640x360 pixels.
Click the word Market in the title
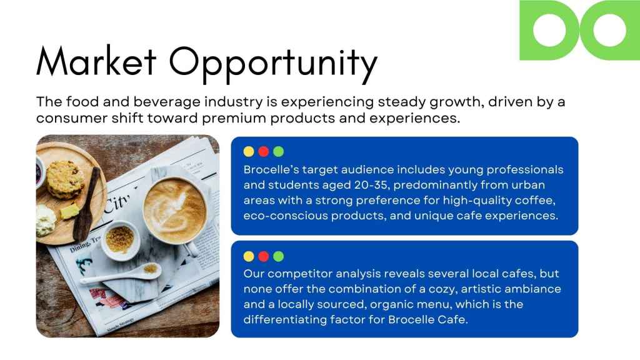(96, 61)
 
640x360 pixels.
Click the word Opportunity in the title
(273, 64)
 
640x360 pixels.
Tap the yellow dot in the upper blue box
(249, 152)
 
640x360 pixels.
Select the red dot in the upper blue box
(264, 152)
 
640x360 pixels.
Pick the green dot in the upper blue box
(278, 152)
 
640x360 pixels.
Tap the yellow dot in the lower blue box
(249, 256)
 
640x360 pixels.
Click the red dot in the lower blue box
(264, 256)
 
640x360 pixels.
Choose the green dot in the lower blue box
(278, 256)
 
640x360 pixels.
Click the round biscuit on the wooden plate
(65, 179)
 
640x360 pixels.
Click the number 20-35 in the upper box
(371, 185)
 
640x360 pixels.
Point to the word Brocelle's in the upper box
(271, 169)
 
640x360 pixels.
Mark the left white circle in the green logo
(549, 30)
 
